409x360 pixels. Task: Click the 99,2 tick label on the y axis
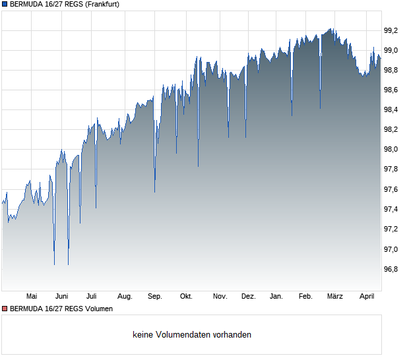(391, 30)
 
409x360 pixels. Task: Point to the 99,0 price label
(391, 50)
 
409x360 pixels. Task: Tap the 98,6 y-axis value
(391, 90)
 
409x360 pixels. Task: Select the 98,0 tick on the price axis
(391, 150)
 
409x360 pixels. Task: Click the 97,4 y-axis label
(391, 210)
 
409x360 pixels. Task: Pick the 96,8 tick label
(391, 269)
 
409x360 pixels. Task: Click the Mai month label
(32, 297)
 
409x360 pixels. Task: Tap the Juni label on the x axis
(62, 297)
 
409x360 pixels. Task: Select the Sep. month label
(155, 297)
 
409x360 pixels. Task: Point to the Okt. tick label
(186, 297)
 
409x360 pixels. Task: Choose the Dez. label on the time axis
(248, 297)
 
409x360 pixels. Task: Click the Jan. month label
(276, 297)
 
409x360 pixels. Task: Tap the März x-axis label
(335, 297)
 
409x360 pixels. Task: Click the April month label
(367, 297)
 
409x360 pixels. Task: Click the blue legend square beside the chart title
(5, 4)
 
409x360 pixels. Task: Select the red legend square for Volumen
(5, 309)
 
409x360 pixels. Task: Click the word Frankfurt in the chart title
(99, 4)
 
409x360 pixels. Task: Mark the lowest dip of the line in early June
(54, 264)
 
